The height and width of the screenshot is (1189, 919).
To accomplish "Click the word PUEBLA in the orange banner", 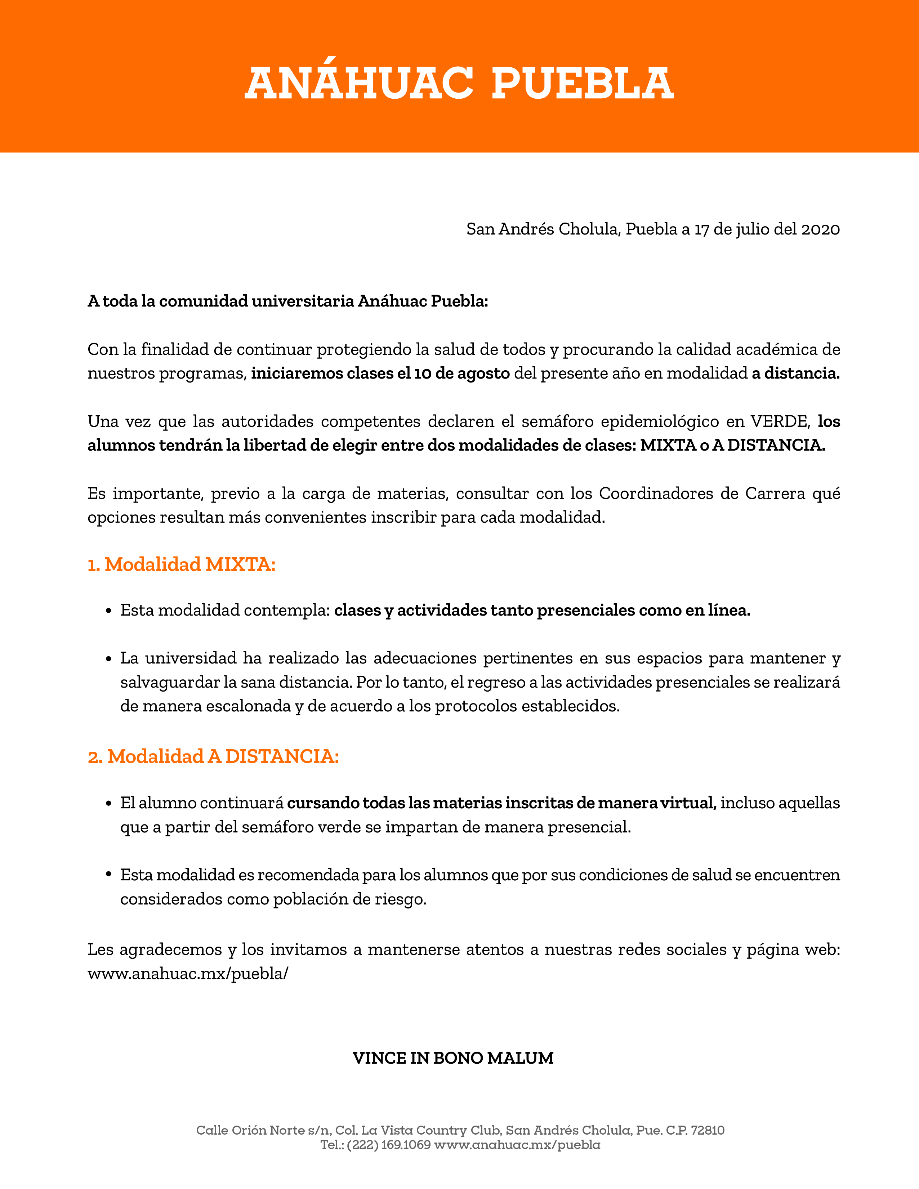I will click(583, 84).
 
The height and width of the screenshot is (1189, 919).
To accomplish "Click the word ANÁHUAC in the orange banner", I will click(359, 84).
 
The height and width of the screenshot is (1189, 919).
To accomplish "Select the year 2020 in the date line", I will click(820, 229).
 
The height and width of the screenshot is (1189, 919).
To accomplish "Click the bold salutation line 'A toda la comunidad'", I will click(287, 301).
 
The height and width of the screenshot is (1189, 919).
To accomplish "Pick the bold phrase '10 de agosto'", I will click(462, 374).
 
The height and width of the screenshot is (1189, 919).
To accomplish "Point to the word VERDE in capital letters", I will click(781, 421).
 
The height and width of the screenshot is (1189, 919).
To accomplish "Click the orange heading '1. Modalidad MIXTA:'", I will click(182, 564).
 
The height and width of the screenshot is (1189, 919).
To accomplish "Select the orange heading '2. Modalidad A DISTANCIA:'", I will click(213, 757).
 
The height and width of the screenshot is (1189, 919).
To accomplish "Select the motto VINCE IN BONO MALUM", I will click(453, 1058).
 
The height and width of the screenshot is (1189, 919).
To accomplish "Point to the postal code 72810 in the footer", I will click(707, 1131).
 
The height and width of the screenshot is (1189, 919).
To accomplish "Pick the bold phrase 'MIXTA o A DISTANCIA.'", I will click(732, 445).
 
